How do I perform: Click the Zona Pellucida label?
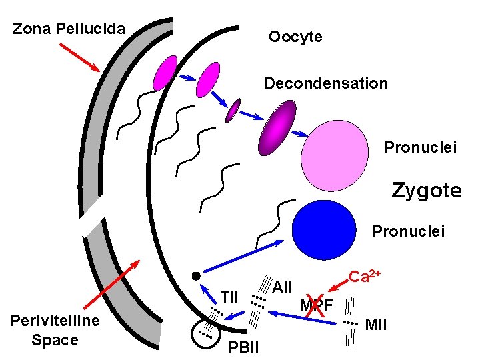point(69,29)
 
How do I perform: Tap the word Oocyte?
point(295,37)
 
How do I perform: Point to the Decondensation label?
point(326,84)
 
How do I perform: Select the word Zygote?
point(427,191)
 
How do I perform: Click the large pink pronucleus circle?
point(334,155)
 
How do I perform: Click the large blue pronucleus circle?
point(325,230)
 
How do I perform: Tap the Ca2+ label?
point(365,275)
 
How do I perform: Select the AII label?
point(283,287)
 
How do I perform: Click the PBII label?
point(244,347)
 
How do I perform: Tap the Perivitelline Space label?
point(55,331)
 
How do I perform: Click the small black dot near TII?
point(195,275)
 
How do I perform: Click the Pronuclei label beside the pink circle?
point(421,147)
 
